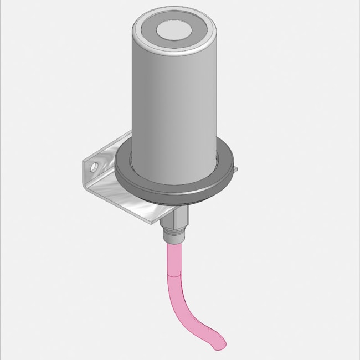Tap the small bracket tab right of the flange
click(234, 167)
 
